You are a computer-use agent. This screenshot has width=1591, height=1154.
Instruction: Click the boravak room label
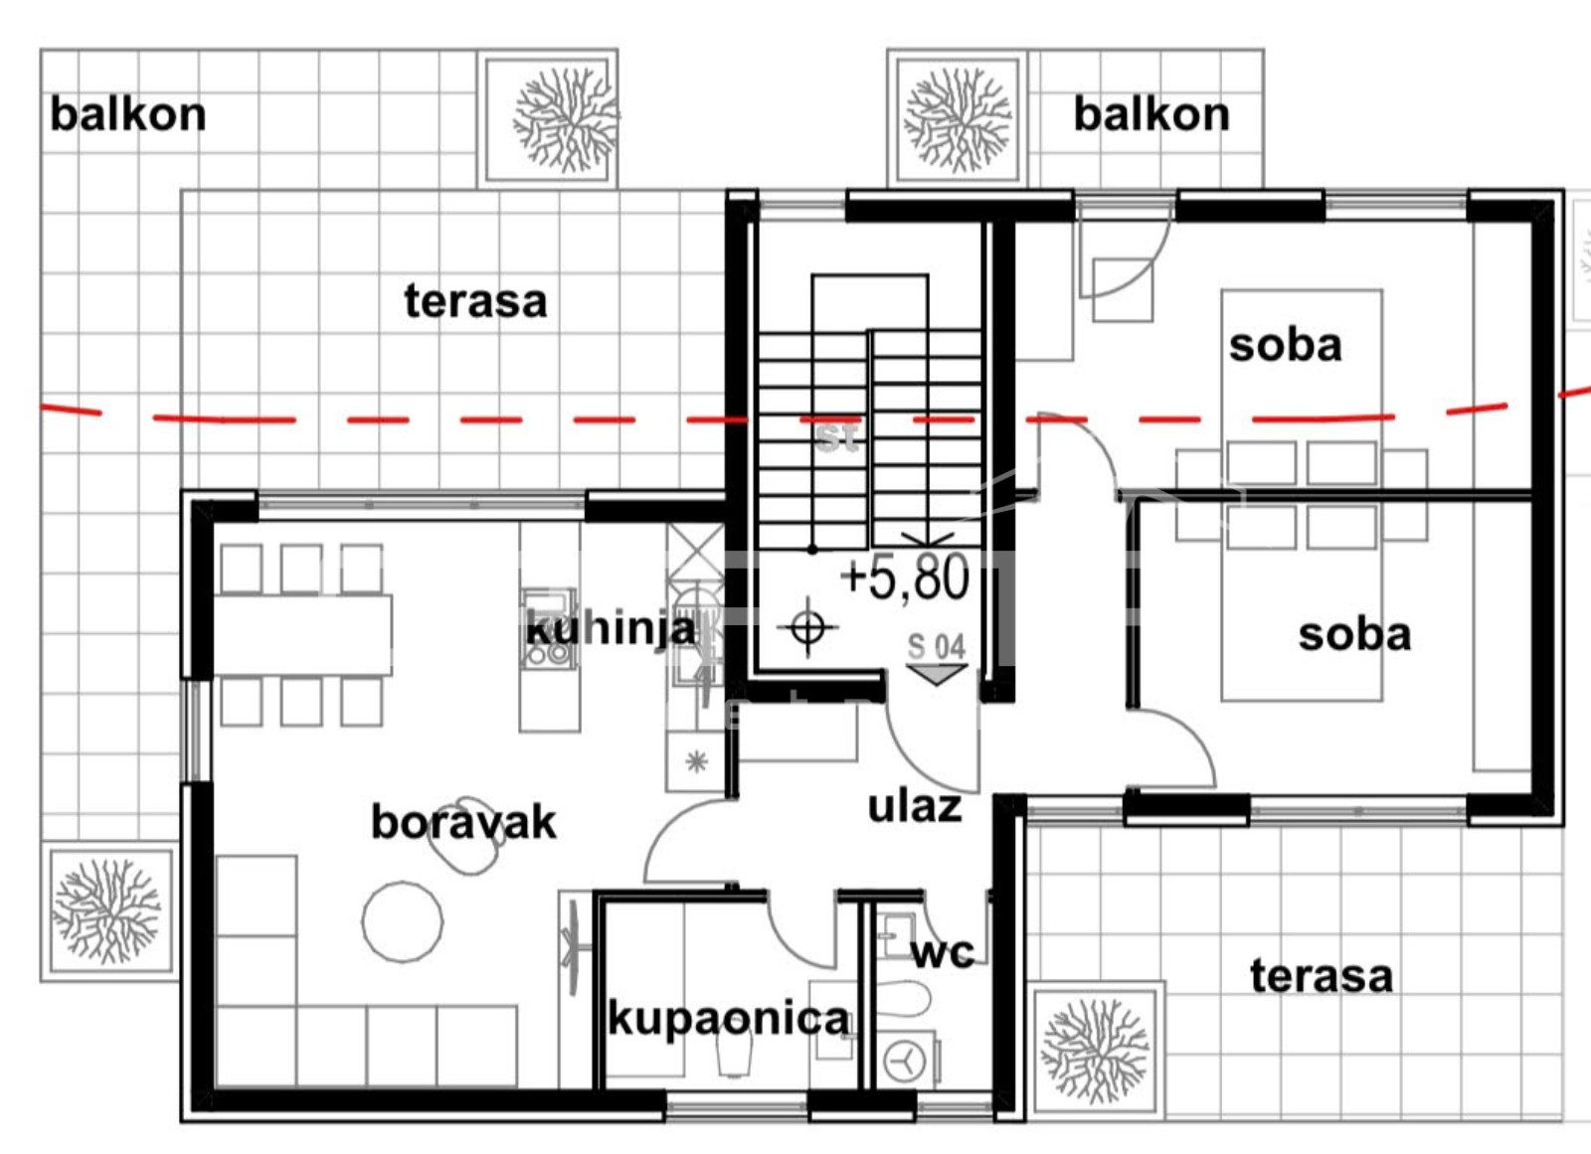point(463,822)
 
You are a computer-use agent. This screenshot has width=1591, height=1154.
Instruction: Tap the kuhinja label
point(611,629)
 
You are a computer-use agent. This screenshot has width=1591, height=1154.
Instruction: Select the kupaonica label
point(730,1020)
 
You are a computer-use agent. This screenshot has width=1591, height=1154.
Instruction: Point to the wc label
point(944,954)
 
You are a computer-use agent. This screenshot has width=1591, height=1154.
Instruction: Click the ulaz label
point(915,806)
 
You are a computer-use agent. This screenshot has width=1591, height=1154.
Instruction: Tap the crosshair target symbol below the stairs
point(807,627)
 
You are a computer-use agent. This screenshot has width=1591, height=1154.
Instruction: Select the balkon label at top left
point(128,114)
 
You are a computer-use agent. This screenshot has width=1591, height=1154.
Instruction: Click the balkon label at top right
point(1151,114)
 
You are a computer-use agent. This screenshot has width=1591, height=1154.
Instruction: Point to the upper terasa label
point(476,301)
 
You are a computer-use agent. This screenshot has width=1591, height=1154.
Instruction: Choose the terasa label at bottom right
point(1322,976)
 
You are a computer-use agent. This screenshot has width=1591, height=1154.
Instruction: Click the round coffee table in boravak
point(403,921)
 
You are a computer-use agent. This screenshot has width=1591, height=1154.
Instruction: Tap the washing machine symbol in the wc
point(905,1061)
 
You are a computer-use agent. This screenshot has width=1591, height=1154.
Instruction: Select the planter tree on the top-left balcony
point(565,118)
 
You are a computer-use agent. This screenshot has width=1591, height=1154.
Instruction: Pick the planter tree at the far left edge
point(106,911)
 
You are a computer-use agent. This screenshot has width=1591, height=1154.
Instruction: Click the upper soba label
point(1286,346)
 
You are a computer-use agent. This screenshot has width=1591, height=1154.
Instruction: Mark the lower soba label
point(1354,634)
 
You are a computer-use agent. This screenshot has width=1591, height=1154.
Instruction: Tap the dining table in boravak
point(302,635)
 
